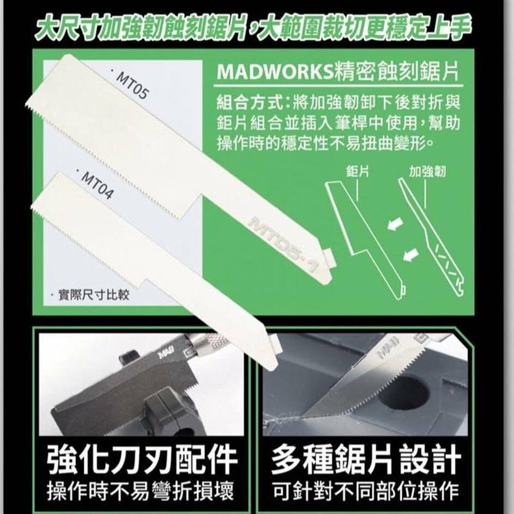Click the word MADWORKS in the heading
coord(275,72)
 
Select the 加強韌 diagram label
coord(428,172)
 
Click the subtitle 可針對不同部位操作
coord(365,493)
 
